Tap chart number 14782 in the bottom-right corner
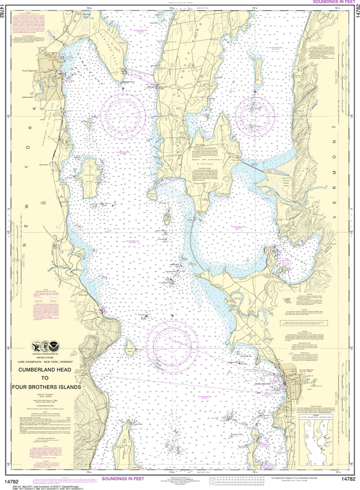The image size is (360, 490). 348,479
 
